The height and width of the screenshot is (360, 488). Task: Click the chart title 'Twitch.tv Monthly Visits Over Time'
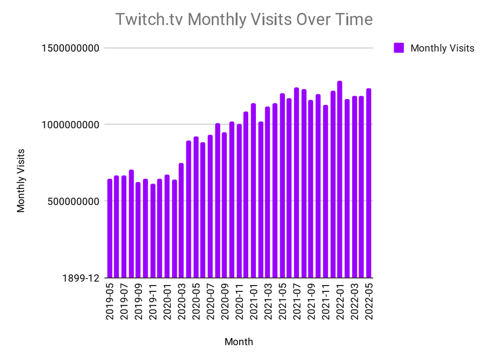click(244, 19)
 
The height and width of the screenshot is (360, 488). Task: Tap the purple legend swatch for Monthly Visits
click(399, 48)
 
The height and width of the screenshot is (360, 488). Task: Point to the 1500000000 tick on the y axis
click(71, 48)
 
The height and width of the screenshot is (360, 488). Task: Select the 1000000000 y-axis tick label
click(71, 124)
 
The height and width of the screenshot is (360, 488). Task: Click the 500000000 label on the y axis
click(73, 201)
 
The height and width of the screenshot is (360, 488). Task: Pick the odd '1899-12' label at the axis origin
click(81, 278)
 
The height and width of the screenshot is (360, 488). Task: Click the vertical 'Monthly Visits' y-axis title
click(20, 181)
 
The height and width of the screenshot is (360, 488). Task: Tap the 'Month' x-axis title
click(239, 341)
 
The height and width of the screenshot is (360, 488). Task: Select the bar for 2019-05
click(110, 228)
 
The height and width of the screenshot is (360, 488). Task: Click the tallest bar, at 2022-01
click(339, 179)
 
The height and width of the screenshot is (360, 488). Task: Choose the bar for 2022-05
click(368, 183)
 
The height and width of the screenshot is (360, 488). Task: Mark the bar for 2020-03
click(181, 220)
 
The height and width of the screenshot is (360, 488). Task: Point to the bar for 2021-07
click(296, 183)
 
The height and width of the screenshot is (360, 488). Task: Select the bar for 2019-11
click(153, 231)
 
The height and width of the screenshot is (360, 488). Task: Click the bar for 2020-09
click(224, 205)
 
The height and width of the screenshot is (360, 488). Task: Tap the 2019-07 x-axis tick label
click(124, 301)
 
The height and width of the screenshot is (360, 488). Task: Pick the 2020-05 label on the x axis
click(196, 301)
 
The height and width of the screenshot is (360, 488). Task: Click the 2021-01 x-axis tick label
click(254, 301)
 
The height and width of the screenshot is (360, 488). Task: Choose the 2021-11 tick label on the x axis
click(325, 301)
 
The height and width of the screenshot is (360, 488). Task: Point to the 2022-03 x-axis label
click(355, 301)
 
